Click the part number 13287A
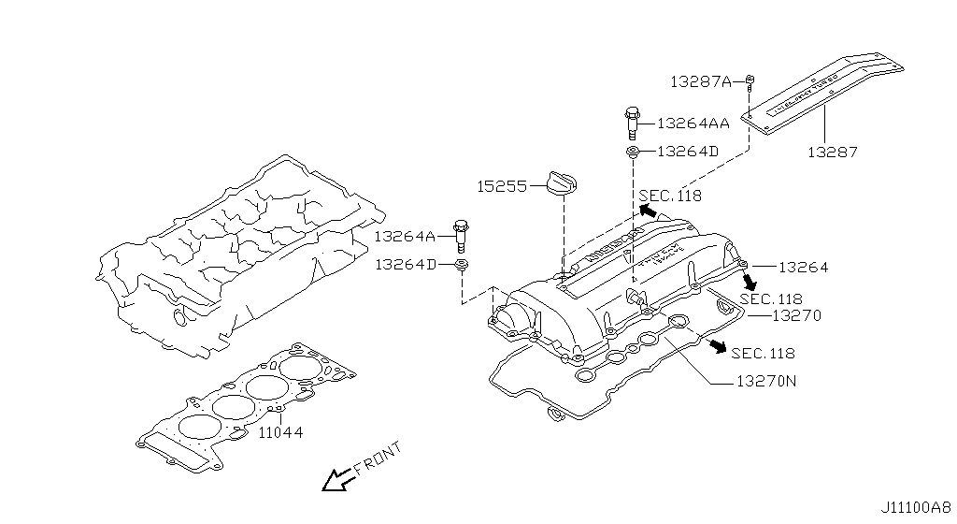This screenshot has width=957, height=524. (700, 81)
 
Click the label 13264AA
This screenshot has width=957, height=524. (693, 123)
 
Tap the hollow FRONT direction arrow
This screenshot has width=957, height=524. (334, 480)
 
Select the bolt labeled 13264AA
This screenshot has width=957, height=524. (632, 123)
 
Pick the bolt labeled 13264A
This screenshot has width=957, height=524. (460, 234)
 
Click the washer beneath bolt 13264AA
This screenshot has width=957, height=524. (633, 151)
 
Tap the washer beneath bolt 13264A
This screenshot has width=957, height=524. (461, 267)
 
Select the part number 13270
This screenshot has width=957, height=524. (796, 316)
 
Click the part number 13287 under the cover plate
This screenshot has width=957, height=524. (833, 151)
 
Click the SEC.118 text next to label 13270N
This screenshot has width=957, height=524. (764, 353)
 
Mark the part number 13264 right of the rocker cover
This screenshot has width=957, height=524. (803, 268)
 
